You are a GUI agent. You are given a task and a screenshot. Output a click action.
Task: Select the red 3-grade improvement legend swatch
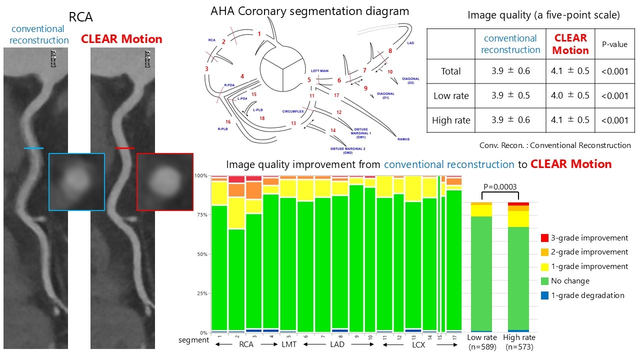[544, 238]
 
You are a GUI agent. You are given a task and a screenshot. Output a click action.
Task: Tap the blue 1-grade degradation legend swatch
[544, 295]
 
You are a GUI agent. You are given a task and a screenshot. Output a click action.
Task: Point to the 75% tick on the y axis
[201, 215]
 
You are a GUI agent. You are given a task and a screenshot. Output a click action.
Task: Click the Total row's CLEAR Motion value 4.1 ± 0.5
[570, 71]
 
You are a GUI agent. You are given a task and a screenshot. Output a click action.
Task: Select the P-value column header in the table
[614, 44]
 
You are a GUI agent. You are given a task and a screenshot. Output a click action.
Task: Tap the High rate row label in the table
[451, 120]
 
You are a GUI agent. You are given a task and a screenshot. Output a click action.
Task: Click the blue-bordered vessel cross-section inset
[76, 181]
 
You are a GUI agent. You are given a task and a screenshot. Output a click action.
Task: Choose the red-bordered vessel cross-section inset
[164, 181]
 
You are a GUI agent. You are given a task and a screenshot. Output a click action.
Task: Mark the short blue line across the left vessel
[33, 148]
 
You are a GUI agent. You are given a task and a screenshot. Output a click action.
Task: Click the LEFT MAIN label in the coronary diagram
[319, 71]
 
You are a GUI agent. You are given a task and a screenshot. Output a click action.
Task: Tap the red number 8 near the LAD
[390, 50]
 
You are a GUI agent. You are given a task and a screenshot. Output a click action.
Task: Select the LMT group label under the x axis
[288, 345]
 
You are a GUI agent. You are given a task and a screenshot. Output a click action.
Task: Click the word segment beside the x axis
[193, 340]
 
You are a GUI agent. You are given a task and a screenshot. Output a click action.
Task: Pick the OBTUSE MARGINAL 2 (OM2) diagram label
[347, 150]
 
